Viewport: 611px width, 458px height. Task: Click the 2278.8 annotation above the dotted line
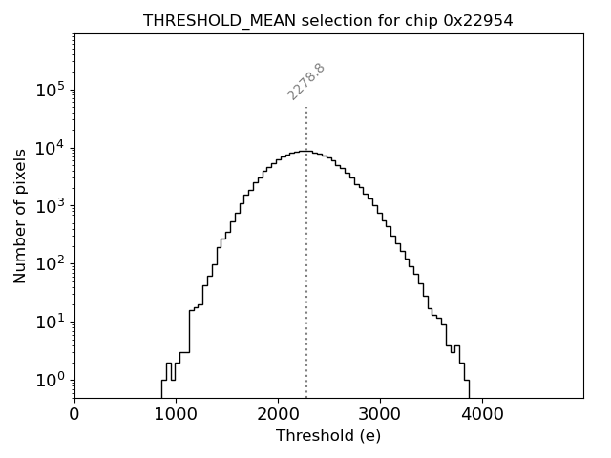[306, 81]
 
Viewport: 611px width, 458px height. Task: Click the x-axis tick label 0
[74, 415]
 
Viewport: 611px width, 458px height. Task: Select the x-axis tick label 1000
[176, 415]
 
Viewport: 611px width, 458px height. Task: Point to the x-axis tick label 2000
[278, 415]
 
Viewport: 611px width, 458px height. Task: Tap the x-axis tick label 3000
[380, 415]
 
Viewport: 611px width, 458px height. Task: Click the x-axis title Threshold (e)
[328, 436]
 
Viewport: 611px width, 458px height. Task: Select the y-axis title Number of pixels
[20, 216]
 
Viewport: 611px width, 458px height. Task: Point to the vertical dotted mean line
[306, 286]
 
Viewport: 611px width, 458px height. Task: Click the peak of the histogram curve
[305, 151]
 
